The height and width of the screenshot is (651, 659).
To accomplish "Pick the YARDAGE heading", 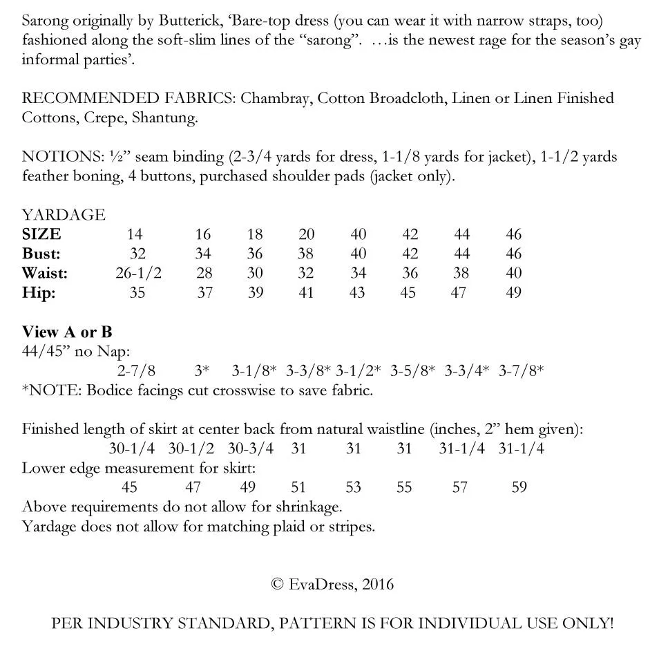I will [x=64, y=215].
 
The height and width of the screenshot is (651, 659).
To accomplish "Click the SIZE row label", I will [x=41, y=234].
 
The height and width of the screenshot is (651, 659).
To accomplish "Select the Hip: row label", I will [x=39, y=292].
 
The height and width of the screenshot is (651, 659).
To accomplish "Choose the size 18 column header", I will [x=255, y=234].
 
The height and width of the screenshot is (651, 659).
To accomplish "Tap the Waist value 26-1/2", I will [x=138, y=273].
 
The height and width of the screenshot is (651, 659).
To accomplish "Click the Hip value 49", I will [x=513, y=292].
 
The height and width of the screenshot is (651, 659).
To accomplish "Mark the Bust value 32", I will [x=137, y=254].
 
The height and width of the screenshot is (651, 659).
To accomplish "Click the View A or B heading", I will [x=67, y=332].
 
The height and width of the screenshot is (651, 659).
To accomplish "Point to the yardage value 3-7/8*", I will [x=521, y=370].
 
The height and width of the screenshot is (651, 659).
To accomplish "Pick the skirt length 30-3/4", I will [x=250, y=449].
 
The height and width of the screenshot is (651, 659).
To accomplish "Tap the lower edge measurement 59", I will [x=519, y=487].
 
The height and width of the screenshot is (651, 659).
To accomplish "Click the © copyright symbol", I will [x=278, y=584].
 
